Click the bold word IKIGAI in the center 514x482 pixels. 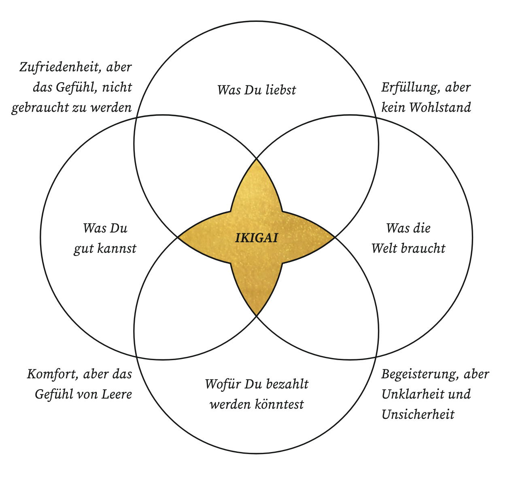(257, 237)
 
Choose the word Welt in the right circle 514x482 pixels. (382, 248)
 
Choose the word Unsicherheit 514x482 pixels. (418, 414)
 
